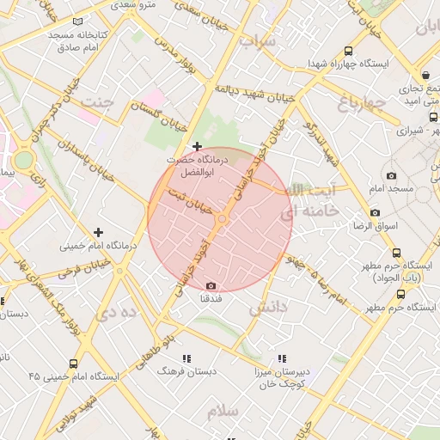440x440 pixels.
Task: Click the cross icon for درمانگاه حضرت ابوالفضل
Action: pos(199,146)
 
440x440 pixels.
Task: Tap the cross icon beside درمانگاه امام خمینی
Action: pos(99,232)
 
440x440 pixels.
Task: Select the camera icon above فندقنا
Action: pos(211,285)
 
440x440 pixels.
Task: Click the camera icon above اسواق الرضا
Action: pos(375,212)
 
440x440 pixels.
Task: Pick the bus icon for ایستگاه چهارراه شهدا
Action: pos(347,51)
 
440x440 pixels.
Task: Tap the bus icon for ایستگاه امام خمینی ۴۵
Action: pos(73,364)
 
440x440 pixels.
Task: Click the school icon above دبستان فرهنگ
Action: pos(186,358)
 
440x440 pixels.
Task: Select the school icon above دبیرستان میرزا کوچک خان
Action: pos(281,358)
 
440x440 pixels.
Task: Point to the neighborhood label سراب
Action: pos(257,41)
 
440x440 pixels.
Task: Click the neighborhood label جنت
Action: pos(96,103)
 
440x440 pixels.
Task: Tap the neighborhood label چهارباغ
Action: pos(358,106)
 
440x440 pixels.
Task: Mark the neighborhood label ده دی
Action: pos(118,312)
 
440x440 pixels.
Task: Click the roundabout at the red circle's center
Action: pos(221,220)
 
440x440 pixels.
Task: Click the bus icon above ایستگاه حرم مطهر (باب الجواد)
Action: pos(396,253)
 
